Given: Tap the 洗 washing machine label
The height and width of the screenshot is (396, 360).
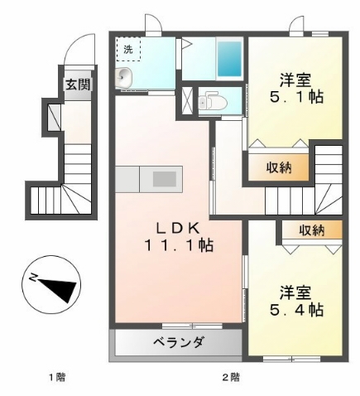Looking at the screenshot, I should click(128, 49).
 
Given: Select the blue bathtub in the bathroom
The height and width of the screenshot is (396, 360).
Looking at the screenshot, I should click(228, 57).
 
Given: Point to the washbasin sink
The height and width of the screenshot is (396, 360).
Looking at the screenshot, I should click(124, 77).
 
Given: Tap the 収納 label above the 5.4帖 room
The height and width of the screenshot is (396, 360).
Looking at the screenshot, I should click(312, 229).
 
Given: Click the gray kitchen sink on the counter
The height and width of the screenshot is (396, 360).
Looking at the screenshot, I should click(164, 178).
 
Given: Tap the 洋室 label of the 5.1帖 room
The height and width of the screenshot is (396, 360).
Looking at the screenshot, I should click(295, 80).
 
